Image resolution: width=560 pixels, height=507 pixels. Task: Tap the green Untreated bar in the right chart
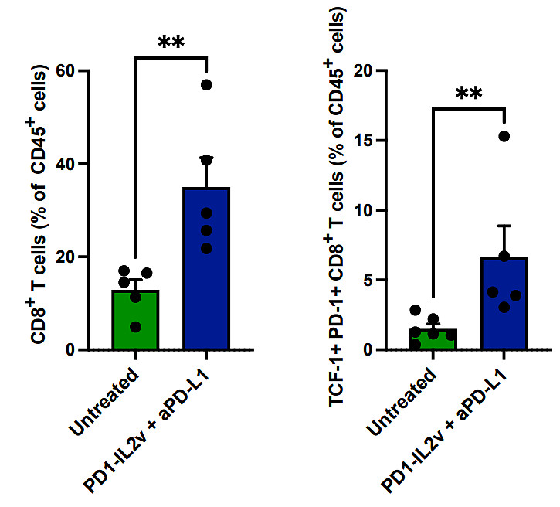[432, 340]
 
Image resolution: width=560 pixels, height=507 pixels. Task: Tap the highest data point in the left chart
[206, 85]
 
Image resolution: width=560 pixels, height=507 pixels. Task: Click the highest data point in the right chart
[504, 137]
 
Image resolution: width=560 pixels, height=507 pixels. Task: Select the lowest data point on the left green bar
[136, 327]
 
